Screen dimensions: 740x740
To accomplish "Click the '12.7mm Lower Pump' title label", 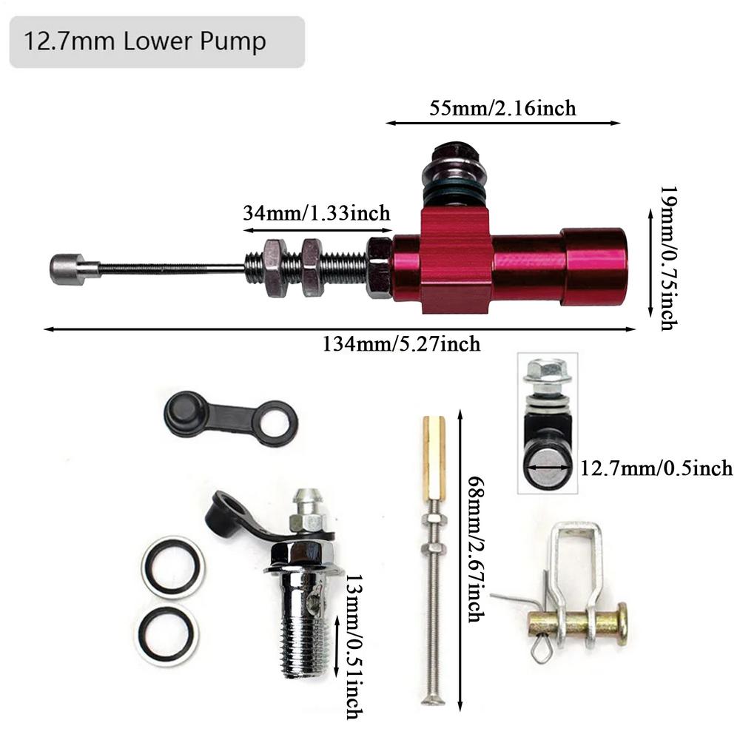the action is click(x=145, y=41).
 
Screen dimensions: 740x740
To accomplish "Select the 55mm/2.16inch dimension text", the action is click(x=502, y=108).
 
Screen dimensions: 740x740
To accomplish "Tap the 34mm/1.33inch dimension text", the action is click(x=317, y=213).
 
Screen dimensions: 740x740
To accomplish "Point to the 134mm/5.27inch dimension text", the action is click(x=401, y=343).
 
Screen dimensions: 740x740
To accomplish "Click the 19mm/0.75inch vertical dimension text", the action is click(x=668, y=258).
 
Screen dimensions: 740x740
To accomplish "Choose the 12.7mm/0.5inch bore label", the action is click(x=656, y=468).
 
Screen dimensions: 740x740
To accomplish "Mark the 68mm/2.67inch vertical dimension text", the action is click(x=477, y=549).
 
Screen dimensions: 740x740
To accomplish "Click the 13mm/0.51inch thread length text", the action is click(x=354, y=647).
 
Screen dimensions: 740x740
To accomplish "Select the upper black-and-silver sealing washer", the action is click(x=172, y=567).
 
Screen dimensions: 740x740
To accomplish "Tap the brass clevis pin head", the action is click(x=622, y=624).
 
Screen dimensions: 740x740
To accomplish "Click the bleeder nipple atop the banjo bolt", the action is click(x=309, y=509).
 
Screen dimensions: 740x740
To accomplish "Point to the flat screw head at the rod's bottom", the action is click(x=433, y=701).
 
